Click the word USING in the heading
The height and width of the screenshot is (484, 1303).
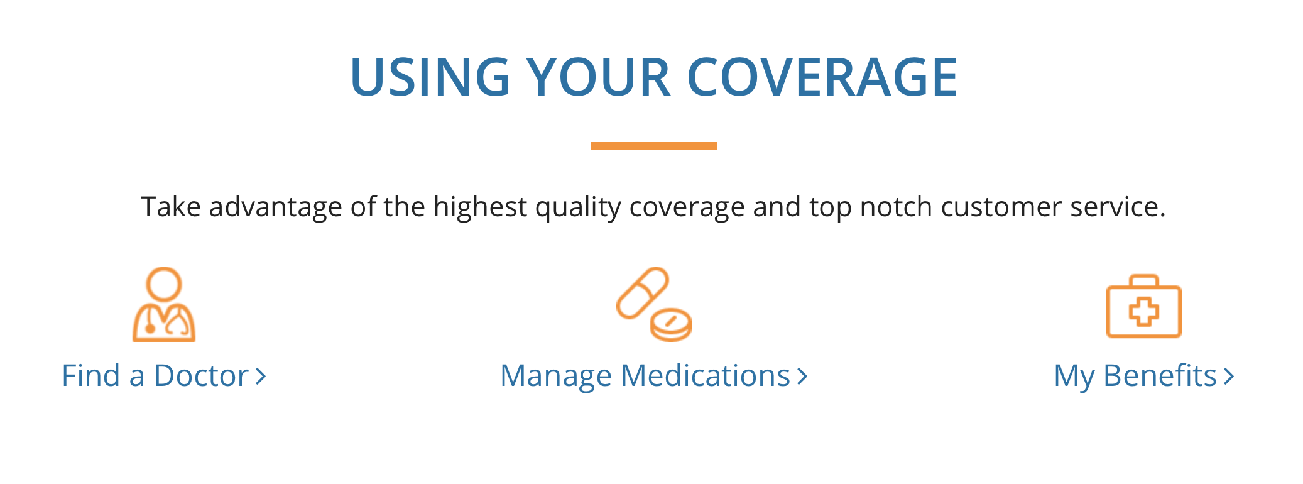430,77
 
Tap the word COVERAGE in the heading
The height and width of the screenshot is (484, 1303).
822,77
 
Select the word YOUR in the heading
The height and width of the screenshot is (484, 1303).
599,77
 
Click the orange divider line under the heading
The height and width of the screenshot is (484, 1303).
653,146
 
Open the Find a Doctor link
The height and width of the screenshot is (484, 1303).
163,376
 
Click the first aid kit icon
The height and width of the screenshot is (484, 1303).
1144,306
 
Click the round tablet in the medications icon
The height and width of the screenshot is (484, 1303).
671,324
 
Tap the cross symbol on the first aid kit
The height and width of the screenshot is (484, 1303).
1144,312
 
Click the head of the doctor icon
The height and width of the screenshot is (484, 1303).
164,284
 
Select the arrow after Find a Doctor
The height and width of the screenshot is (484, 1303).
261,377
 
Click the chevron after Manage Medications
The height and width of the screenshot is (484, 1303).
802,377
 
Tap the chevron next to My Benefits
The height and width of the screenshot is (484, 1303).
1229,377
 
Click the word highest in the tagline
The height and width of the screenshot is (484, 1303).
480,207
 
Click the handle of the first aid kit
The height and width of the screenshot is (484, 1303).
1144,280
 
